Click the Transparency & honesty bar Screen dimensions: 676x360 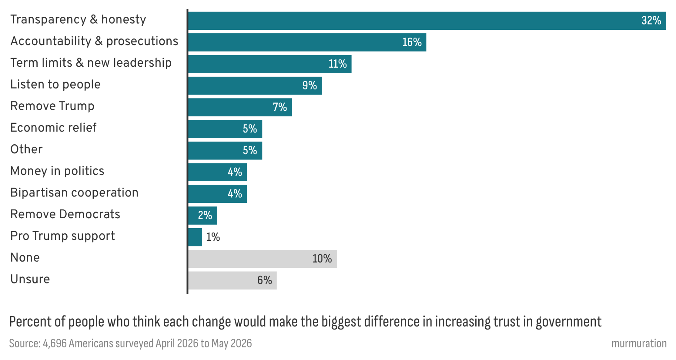pos(427,21)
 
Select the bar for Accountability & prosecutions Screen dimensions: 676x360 pos(307,42)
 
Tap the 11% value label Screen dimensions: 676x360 pos(337,64)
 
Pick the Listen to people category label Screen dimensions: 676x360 pos(55,85)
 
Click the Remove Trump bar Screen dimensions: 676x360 pos(240,107)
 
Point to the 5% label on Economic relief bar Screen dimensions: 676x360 pos(250,129)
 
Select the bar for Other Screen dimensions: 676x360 pos(225,151)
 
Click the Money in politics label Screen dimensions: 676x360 pos(57,171)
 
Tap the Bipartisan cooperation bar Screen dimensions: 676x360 pos(218,194)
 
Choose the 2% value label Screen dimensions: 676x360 pos(205,215)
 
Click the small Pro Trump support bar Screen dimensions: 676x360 pos(195,237)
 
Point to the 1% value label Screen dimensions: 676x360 pos(213,237)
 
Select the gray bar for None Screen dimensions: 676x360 pos(263,259)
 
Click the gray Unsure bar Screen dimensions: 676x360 pos(233,280)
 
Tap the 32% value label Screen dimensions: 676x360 pos(651,20)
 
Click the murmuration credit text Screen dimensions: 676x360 pos(639,343)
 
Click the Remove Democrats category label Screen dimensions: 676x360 pos(65,214)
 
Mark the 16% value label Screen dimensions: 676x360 pos(412,42)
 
